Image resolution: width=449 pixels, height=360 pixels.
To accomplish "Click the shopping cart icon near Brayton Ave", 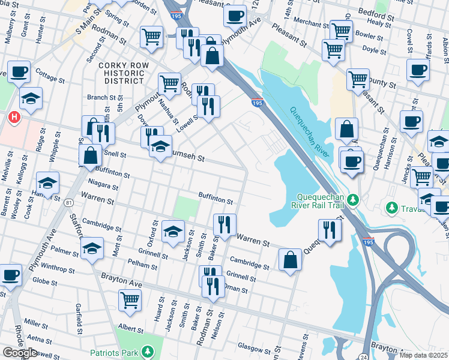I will point(130,299).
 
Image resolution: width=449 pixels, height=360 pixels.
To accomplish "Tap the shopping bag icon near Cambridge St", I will point(290,260).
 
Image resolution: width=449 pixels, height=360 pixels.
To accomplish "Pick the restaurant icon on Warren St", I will point(224,224).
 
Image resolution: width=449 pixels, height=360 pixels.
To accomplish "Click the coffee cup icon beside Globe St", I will point(10,275).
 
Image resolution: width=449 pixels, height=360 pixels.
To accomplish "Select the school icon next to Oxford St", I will point(173,232).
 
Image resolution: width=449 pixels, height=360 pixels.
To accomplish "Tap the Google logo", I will point(20,353).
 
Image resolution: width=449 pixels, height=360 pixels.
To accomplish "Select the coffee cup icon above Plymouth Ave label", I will point(235,15).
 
